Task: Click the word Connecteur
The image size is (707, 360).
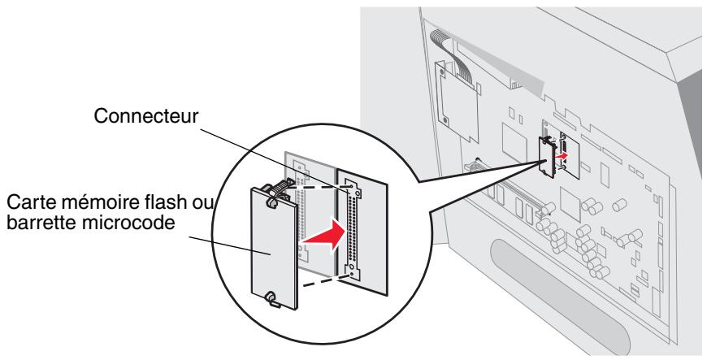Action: click(x=145, y=116)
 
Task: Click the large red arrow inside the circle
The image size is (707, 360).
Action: click(x=323, y=235)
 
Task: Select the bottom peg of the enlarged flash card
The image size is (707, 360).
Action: click(x=272, y=299)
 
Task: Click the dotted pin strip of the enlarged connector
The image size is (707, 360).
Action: click(x=352, y=230)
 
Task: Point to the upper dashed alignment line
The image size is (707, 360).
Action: click(x=317, y=184)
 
